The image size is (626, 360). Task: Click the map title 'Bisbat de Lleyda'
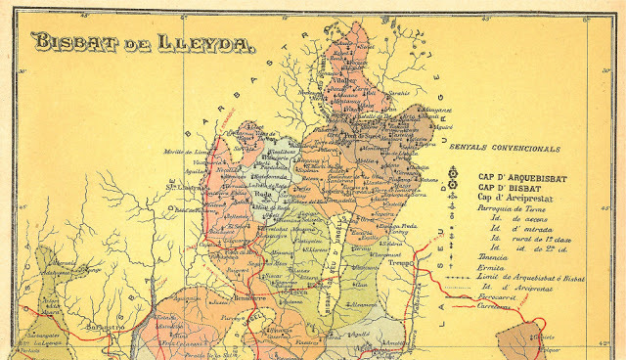tap(143, 42)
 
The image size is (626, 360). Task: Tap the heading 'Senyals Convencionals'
tap(504, 149)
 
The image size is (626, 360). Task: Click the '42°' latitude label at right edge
tap(612, 343)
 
